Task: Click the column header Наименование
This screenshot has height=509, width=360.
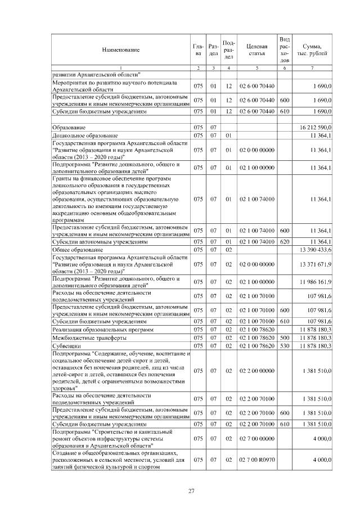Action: (x=120, y=50)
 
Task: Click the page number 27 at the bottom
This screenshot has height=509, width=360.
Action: (x=191, y=491)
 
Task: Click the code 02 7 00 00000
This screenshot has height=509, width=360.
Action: (x=256, y=436)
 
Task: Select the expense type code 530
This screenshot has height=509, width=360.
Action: (x=285, y=346)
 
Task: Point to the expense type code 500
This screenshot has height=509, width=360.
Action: (x=285, y=337)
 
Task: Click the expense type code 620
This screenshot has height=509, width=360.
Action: (x=285, y=241)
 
